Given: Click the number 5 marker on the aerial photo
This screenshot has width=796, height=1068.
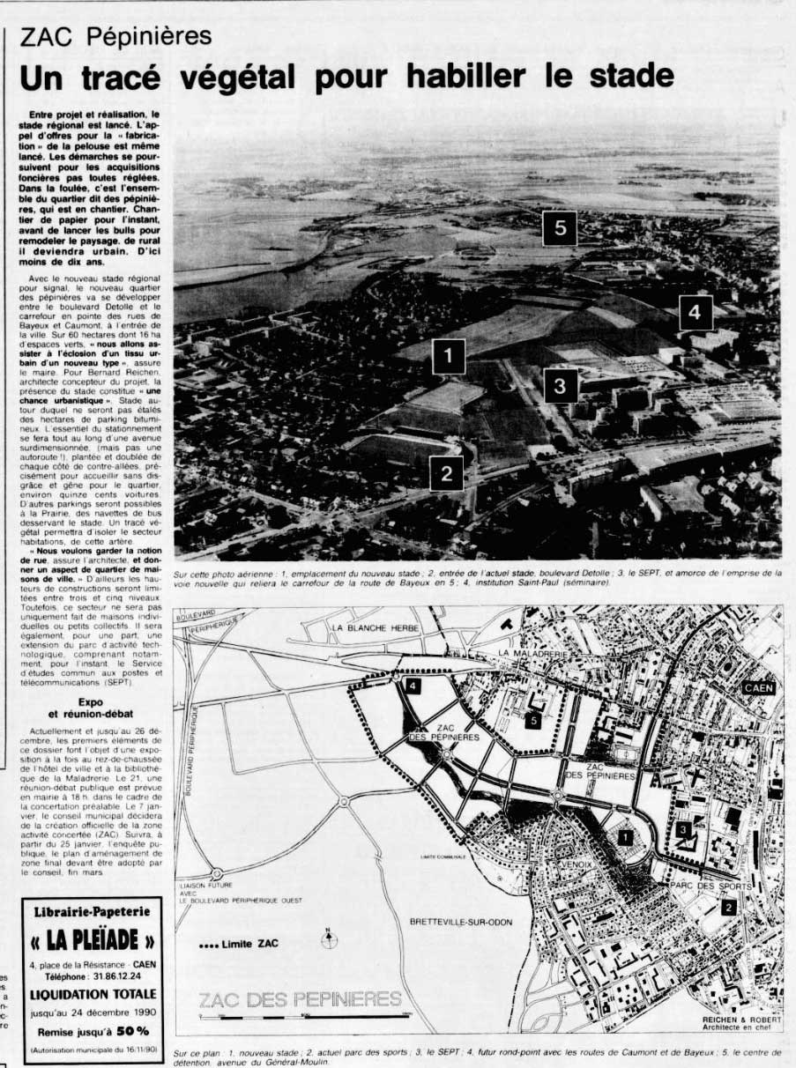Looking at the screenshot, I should (560, 228).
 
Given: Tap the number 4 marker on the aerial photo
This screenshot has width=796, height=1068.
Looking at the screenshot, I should (696, 312).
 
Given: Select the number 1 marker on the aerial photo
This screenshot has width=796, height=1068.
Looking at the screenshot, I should (449, 357).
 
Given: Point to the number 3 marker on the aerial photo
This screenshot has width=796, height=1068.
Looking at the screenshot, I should (560, 384).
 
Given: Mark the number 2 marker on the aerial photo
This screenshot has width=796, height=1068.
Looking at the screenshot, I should (447, 472).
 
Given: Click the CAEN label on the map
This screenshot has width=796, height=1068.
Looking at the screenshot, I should (761, 687).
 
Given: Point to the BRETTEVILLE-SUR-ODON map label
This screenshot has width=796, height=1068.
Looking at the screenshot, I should (460, 922).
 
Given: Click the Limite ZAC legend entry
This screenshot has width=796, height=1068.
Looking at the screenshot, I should (239, 944).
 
